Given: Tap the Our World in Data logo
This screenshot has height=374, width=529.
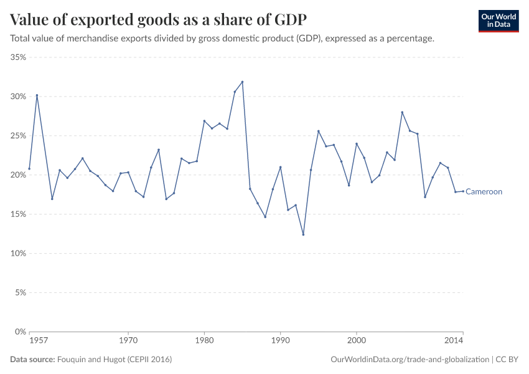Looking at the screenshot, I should (499, 21).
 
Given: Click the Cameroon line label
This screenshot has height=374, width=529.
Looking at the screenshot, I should (484, 192).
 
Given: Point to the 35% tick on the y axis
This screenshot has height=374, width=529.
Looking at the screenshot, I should (18, 57).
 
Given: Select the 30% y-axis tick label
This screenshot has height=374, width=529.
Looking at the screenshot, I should (18, 97).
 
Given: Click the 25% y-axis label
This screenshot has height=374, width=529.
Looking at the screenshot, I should (18, 136).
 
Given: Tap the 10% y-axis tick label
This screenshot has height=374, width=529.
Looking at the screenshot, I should (18, 254).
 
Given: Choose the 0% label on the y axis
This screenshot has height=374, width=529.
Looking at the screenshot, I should (20, 332).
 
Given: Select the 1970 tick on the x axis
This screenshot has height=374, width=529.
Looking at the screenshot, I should (128, 341).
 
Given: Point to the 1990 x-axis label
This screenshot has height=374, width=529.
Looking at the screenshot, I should (280, 341).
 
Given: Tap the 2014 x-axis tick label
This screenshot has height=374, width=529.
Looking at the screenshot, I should (454, 341).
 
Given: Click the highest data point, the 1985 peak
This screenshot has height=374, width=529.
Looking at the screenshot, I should (242, 82).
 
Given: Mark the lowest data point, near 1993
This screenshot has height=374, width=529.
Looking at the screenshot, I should (303, 234).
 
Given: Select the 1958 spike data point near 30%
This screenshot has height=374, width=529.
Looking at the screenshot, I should (37, 95).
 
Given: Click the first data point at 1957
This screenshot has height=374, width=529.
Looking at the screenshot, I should (29, 169).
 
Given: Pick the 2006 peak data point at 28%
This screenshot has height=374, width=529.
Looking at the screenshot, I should (402, 112).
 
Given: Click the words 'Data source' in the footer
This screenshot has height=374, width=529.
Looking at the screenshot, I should (32, 360).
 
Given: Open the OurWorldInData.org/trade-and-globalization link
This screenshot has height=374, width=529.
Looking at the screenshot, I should (411, 360).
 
